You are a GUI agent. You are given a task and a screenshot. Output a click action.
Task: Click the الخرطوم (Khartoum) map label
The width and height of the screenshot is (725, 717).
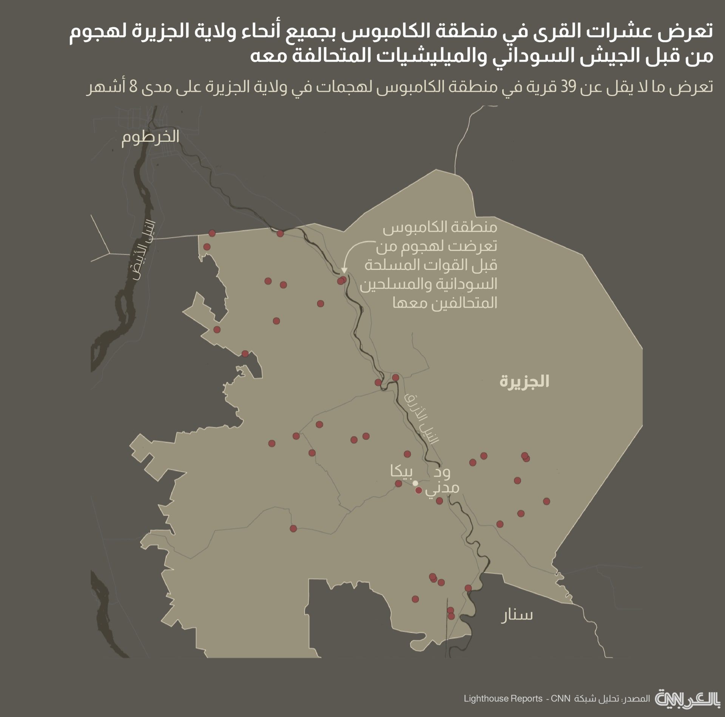(x=150, y=136)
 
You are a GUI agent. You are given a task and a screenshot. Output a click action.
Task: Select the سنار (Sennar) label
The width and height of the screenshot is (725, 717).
(x=517, y=615)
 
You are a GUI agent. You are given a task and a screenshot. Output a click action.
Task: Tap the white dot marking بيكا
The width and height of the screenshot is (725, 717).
(x=415, y=483)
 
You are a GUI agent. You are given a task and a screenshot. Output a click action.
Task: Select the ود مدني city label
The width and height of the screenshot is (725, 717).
(x=442, y=480)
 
